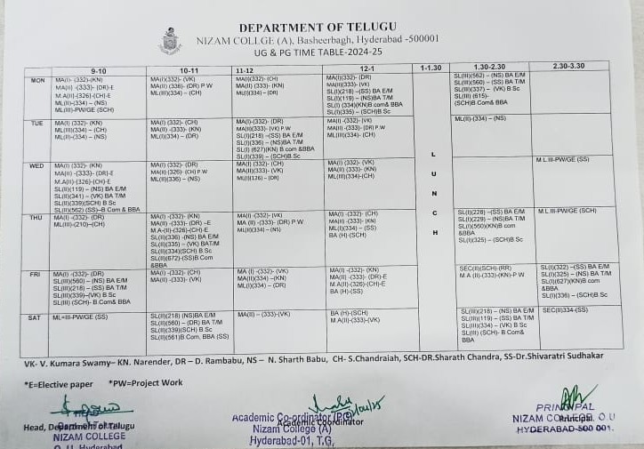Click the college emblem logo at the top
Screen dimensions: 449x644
tap(170, 41)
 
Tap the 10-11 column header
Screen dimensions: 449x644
tap(189, 69)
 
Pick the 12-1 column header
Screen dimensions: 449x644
tap(367, 68)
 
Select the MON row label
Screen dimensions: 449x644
tap(37, 80)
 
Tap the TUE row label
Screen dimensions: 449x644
tap(37, 123)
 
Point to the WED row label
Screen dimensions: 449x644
tap(37, 165)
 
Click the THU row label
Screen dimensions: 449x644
tap(36, 217)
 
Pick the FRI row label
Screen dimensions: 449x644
tap(36, 274)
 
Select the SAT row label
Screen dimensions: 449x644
tap(35, 317)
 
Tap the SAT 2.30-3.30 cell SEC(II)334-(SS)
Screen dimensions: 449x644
tap(565, 309)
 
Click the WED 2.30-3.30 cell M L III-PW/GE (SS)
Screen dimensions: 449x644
tap(562, 160)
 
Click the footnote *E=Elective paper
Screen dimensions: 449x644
tap(58, 384)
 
